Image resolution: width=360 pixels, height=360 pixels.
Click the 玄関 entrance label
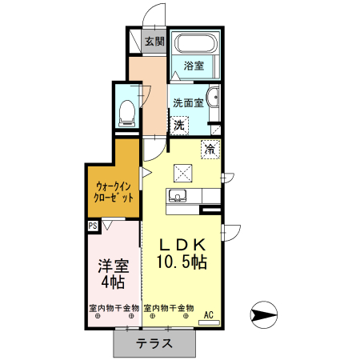tap(154, 42)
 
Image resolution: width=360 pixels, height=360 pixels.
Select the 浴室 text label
tap(194, 66)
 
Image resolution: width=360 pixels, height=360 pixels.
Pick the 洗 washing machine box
tap(180, 125)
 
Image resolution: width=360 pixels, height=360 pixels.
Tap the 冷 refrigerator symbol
tap(210, 149)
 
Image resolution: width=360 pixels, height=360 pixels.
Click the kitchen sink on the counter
tap(178, 197)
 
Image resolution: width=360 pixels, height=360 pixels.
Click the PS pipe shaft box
tap(93, 226)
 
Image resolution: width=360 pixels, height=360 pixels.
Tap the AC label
tap(209, 314)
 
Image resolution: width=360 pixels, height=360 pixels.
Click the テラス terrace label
tap(154, 345)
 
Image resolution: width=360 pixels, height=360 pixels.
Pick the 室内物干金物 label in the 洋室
tap(114, 308)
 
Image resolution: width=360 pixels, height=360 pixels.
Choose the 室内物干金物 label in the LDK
tap(169, 308)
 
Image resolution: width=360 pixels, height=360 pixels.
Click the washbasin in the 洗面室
tap(213, 99)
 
